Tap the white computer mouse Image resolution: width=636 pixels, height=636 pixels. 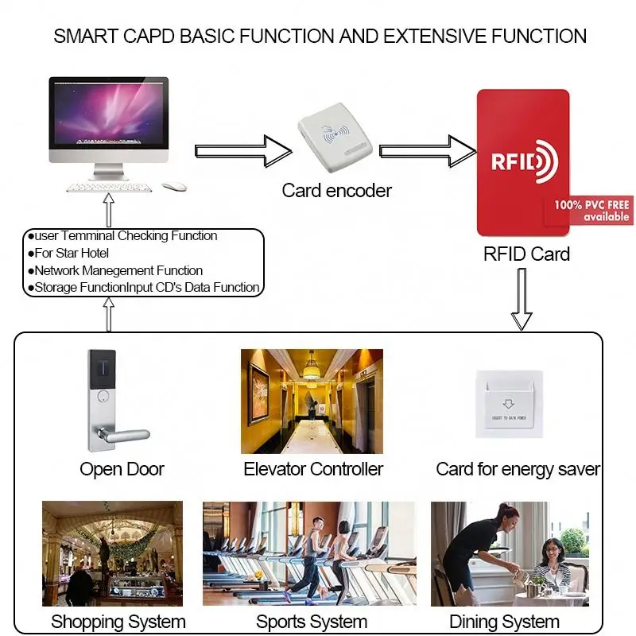click(x=174, y=186)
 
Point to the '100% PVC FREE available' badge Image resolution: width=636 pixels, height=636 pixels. click(x=591, y=211)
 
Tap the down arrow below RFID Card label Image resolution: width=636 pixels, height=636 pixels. click(x=521, y=298)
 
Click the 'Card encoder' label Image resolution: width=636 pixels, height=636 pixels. click(x=336, y=191)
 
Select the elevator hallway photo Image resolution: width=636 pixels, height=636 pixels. click(x=312, y=401)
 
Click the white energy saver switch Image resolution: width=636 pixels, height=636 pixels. click(x=510, y=403)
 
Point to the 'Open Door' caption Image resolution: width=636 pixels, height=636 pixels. click(x=122, y=469)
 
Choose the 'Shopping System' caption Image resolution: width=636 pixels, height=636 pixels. click(x=118, y=621)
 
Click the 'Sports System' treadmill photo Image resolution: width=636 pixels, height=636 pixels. click(x=309, y=553)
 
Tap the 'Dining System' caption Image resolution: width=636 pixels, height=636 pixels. click(x=504, y=621)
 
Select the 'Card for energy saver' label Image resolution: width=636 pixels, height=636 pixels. click(x=518, y=469)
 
